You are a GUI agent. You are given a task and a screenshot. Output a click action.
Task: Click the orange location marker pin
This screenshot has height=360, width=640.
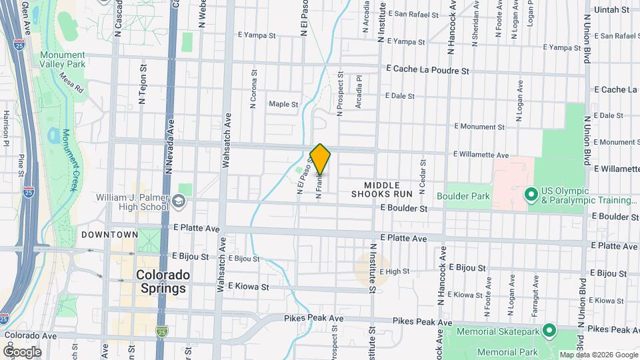(321, 159)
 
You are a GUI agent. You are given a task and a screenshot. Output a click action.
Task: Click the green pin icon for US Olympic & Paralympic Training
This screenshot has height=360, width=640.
(531, 195)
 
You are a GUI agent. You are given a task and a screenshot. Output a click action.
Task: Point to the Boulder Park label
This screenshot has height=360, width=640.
(463, 196)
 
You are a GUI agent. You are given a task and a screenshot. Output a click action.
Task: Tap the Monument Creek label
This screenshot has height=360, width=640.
(69, 159)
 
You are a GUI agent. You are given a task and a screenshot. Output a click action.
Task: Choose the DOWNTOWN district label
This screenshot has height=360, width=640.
(109, 235)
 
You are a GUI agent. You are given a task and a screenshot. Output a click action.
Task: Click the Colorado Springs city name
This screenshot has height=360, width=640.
(163, 281)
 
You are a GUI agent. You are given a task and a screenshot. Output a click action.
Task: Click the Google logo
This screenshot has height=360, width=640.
(22, 351)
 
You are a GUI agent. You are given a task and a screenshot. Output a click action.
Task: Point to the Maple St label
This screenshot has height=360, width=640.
(283, 104)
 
